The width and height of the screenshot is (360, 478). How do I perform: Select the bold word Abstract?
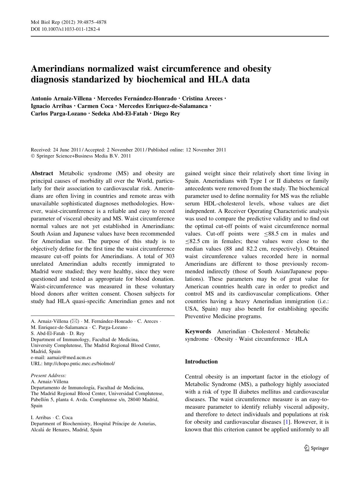tap(42, 173)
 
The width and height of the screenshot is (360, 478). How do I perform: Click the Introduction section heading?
tap(201, 361)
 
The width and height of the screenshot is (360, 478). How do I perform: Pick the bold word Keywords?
tap(198, 331)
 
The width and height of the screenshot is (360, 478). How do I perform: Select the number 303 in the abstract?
tap(170, 256)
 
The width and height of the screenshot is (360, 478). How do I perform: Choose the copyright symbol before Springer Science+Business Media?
tap(32, 156)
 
